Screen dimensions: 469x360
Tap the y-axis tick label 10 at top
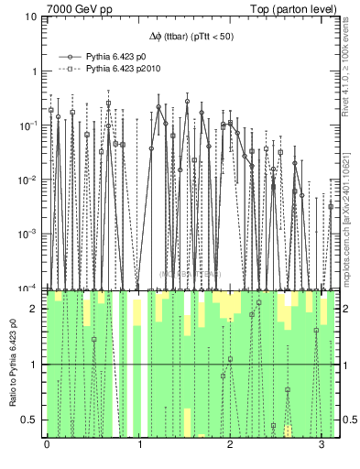[x=31, y=17]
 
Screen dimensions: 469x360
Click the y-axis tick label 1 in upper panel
[x=34, y=71]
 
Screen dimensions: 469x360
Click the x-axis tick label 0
[x=47, y=446]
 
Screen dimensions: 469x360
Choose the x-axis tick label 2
[x=230, y=446]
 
